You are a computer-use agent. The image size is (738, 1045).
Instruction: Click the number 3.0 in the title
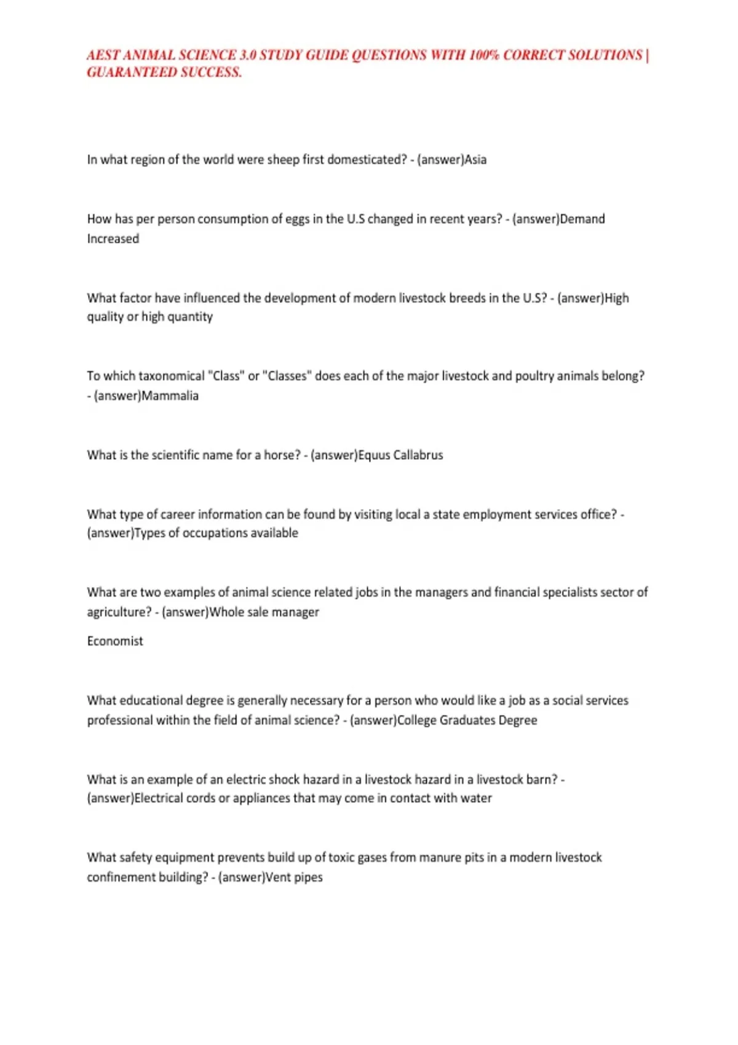[248, 55]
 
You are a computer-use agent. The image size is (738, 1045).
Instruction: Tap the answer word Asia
[475, 160]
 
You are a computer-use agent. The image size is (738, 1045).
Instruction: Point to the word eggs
[298, 219]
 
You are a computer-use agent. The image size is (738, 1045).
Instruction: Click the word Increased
[113, 239]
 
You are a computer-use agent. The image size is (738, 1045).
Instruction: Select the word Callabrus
[418, 455]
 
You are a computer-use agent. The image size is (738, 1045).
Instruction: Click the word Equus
[373, 455]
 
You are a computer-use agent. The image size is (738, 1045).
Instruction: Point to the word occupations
[216, 534]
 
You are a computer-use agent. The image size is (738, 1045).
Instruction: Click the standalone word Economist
[115, 641]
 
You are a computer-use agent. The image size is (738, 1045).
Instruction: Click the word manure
[442, 858]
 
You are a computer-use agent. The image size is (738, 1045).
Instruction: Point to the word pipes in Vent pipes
[308, 878]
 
